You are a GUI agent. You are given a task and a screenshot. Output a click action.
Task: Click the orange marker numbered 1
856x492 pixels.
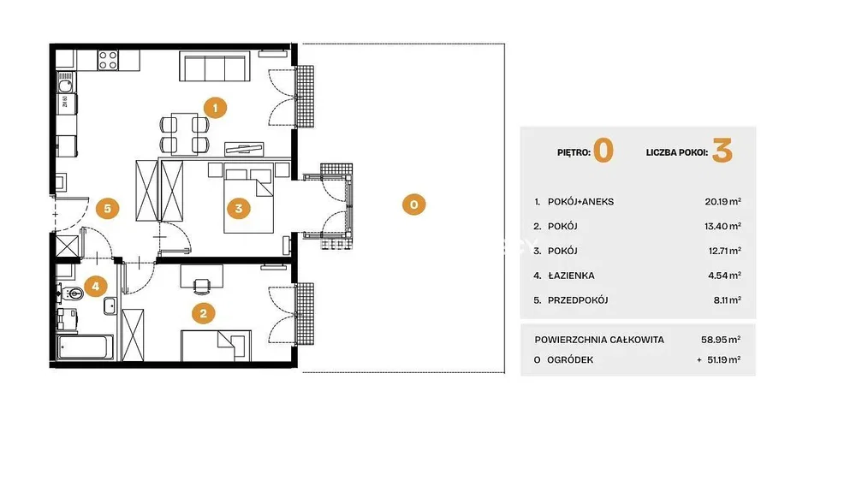tap(215, 108)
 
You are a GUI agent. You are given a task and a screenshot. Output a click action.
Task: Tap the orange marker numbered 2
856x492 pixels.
tap(204, 313)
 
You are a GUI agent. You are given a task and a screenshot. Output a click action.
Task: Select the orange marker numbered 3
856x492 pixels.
tap(239, 208)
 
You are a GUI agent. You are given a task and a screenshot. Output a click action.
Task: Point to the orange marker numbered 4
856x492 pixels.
tap(96, 286)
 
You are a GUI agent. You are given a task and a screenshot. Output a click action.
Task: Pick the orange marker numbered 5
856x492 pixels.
tap(108, 209)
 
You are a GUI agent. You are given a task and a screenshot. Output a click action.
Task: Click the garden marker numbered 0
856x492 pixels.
tap(413, 205)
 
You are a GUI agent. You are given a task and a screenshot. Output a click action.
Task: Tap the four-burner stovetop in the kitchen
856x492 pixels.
tap(108, 60)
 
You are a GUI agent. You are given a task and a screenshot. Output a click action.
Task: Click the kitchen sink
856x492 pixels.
tap(66, 85)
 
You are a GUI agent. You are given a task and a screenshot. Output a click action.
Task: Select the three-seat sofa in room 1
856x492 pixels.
tap(215, 67)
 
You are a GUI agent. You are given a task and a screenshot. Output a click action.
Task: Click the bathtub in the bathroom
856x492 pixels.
tap(85, 347)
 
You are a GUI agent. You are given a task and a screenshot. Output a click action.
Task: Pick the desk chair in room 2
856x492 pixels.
tap(201, 285)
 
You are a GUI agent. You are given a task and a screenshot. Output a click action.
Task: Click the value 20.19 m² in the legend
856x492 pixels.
tap(722, 202)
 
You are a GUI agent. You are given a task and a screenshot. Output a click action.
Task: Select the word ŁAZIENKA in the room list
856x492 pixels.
tap(571, 276)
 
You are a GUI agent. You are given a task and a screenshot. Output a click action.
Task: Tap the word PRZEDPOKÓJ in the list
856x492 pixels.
tap(578, 300)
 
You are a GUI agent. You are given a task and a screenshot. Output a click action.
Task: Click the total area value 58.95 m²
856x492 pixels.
tap(721, 340)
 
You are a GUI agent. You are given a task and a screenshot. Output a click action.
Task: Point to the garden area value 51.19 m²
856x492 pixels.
tap(722, 360)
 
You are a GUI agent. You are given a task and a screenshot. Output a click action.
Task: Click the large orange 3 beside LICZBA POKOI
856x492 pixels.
tap(722, 151)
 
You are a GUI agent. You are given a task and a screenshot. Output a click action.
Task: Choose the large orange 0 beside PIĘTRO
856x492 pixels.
tap(603, 151)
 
